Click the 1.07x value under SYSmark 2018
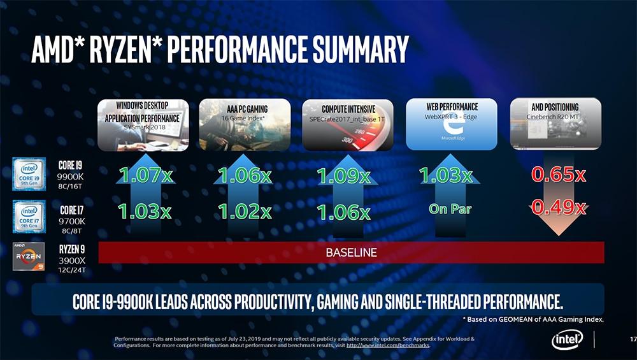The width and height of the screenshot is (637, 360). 147,175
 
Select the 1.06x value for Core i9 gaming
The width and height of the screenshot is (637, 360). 245,175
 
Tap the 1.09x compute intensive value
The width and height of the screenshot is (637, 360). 344,175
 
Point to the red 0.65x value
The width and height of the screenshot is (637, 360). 559,175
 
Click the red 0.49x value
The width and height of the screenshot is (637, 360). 559,207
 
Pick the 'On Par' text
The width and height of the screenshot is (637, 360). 450,209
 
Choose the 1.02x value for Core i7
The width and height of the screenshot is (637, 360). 245,211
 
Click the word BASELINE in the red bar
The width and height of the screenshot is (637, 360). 351,252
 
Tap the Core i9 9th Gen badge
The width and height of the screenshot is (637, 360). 29,175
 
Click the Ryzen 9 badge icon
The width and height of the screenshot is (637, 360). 29,256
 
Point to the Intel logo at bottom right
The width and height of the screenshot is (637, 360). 567,340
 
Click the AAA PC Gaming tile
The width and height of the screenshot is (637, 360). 245,124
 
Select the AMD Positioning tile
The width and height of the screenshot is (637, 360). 555,124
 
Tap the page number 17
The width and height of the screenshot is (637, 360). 632,338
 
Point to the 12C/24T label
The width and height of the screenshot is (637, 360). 71,270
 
